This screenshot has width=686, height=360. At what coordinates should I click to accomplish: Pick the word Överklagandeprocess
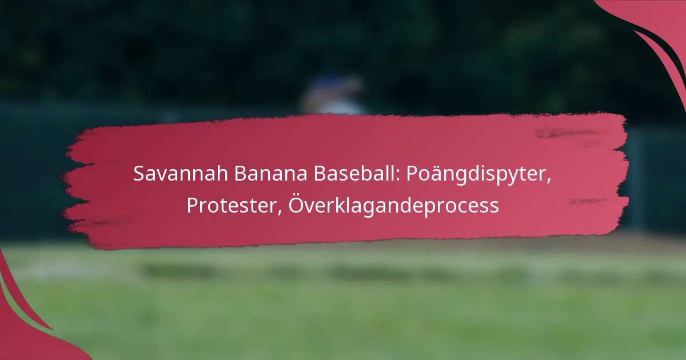394,205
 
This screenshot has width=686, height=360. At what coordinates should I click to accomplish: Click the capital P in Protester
193,205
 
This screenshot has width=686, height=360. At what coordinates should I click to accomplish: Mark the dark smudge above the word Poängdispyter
567,134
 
